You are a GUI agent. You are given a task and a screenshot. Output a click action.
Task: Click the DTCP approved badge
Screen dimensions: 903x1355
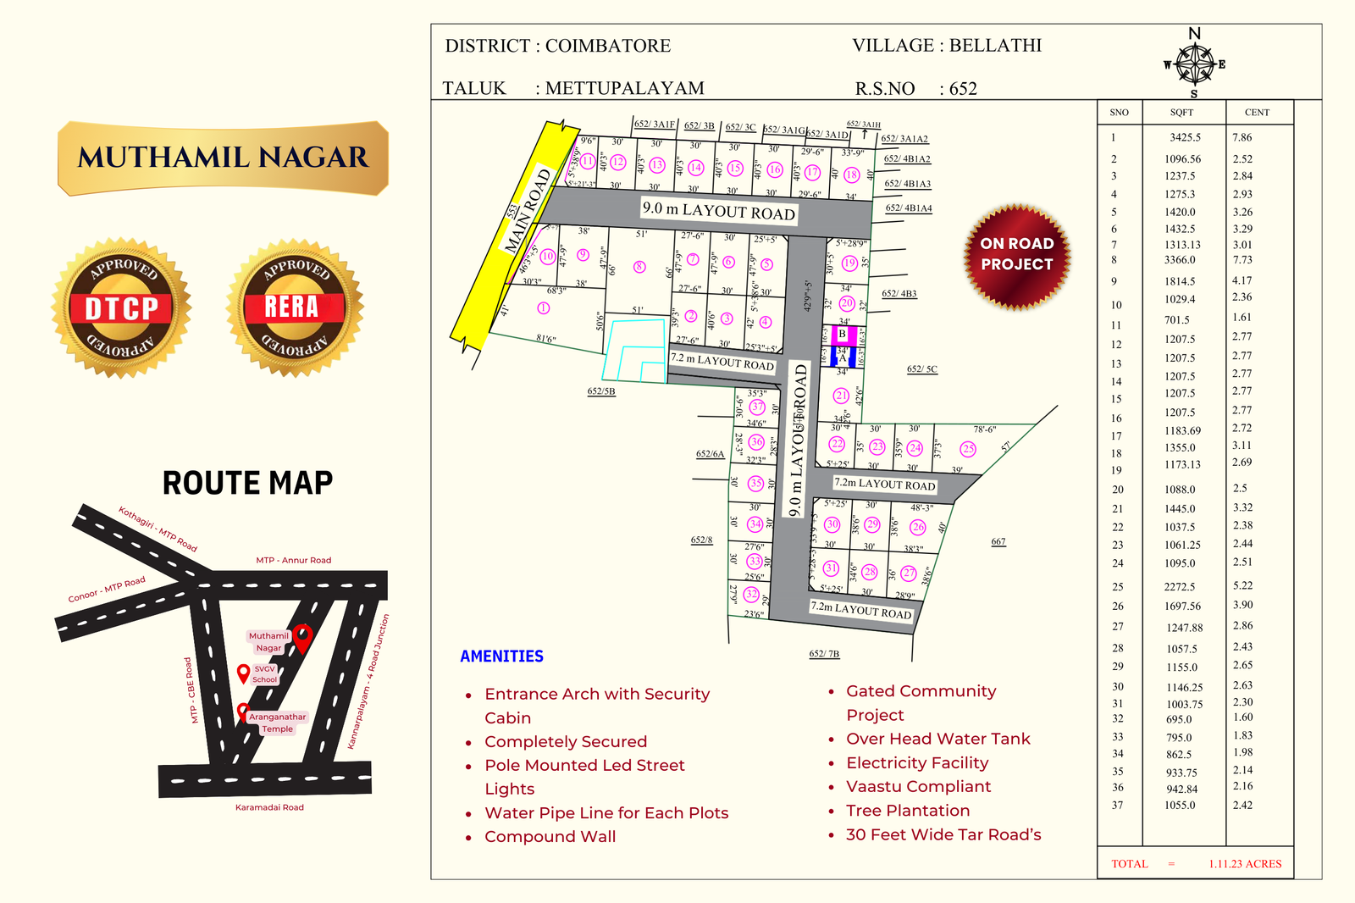click(121, 308)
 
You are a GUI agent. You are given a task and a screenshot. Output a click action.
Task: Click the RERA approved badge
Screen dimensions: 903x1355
click(295, 308)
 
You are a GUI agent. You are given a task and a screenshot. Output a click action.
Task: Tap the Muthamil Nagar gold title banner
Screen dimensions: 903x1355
click(223, 158)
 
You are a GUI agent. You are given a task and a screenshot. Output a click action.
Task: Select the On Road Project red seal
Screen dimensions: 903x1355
click(1017, 254)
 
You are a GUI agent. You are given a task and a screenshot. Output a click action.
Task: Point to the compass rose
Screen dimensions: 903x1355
click(1194, 64)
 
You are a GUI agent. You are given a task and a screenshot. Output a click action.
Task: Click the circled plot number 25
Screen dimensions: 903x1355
click(968, 449)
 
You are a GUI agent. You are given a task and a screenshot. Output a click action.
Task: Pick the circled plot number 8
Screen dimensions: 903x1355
click(639, 267)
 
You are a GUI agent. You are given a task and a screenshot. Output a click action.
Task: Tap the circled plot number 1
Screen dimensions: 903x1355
click(544, 308)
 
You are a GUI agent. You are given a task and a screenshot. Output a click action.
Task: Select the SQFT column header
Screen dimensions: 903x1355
click(1181, 113)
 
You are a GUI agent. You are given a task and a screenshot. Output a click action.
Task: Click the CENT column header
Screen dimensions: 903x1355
click(1257, 113)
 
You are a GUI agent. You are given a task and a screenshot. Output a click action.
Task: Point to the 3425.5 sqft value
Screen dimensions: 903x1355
click(1185, 137)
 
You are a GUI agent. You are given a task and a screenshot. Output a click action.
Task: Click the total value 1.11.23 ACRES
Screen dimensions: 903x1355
click(1245, 864)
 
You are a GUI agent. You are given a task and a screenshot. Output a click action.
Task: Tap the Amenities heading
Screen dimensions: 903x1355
click(501, 656)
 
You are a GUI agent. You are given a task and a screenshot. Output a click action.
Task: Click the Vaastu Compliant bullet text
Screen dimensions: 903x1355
click(918, 787)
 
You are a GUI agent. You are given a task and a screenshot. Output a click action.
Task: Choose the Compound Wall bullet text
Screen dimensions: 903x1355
click(550, 837)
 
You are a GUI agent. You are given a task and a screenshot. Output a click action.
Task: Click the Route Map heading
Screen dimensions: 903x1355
click(247, 483)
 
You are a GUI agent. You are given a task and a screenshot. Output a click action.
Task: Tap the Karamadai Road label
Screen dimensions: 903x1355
click(269, 807)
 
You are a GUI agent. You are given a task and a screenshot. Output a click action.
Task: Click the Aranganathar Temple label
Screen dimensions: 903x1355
click(277, 723)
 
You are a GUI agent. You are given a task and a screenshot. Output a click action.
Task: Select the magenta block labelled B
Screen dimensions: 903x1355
click(843, 335)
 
